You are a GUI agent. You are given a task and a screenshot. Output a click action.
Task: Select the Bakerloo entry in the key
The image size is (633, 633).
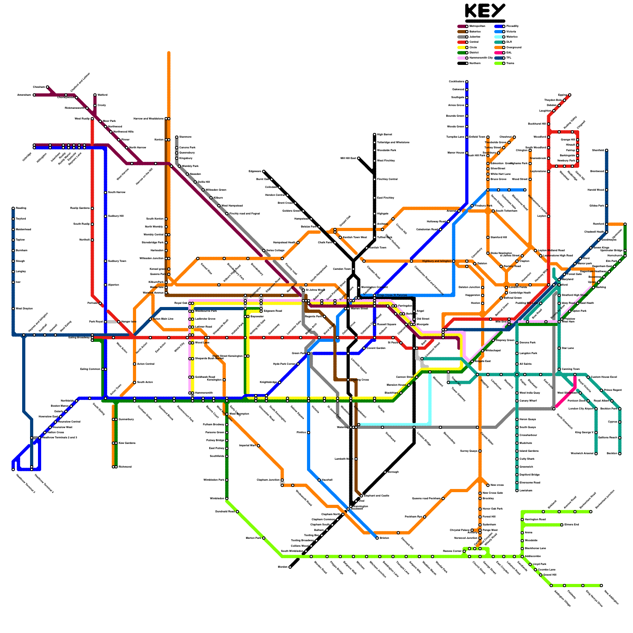click(x=475, y=31)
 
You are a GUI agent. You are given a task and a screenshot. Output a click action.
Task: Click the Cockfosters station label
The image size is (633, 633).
click(x=457, y=81)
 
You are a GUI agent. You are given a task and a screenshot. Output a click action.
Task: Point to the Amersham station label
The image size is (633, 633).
click(x=24, y=95)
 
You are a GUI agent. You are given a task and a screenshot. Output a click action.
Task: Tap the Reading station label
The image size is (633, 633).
click(x=21, y=208)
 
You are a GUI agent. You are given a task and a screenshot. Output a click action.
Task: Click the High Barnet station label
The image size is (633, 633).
click(x=385, y=135)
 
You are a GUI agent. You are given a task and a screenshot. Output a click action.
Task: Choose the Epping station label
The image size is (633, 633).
click(x=563, y=95)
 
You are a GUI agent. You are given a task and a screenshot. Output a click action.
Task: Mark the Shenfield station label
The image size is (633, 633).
click(x=598, y=150)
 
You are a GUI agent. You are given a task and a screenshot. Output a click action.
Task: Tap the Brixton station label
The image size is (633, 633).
click(x=385, y=538)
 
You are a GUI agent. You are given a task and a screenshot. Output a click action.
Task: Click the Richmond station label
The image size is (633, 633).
click(x=125, y=467)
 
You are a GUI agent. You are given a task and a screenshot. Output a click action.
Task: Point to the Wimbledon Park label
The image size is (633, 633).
click(x=214, y=480)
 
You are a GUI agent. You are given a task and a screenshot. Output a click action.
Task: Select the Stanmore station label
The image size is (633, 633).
click(x=185, y=137)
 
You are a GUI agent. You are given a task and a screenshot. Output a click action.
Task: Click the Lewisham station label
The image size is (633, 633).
click(x=526, y=491)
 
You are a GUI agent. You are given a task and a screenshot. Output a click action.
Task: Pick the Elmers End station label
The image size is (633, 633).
click(x=572, y=525)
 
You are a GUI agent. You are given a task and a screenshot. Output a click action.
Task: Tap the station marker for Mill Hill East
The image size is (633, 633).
click(x=359, y=158)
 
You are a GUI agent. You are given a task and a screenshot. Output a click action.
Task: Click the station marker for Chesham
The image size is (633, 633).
click(x=47, y=87)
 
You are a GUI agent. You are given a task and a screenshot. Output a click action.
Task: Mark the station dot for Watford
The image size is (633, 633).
click(x=95, y=95)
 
